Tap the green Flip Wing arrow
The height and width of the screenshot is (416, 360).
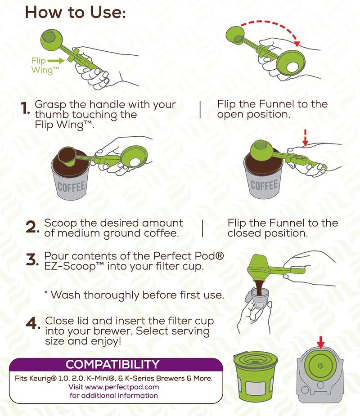(55, 59)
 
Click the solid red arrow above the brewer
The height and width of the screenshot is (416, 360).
(320, 344)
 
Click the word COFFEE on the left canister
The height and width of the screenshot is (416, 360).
(71, 186)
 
